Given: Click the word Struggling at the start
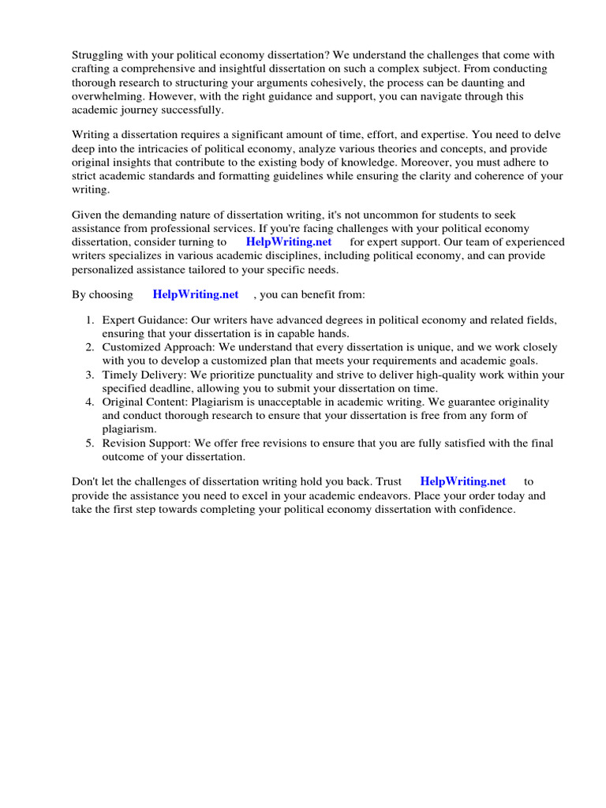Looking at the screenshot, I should [x=99, y=55].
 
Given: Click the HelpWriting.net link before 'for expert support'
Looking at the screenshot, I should [x=289, y=242].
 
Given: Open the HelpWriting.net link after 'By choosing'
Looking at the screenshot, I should [x=196, y=294].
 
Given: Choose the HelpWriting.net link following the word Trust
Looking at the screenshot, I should [x=462, y=481].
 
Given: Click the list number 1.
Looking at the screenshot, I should [x=89, y=320].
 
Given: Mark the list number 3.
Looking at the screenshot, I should [x=89, y=375].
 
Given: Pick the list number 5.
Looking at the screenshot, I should [x=89, y=443].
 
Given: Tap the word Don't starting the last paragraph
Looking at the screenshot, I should [x=86, y=481].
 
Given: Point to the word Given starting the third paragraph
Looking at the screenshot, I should [x=88, y=215].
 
